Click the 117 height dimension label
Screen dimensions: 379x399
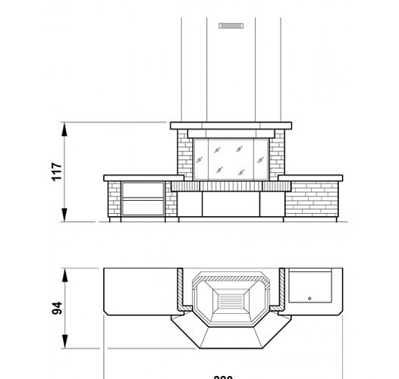coord(55,172)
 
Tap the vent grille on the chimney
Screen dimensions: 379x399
coord(230,26)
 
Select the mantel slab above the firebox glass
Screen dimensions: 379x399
coord(231,126)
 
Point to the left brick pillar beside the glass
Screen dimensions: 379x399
coord(184,155)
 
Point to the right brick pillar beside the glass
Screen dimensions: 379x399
coord(277,155)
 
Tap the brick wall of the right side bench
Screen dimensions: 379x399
coord(313,199)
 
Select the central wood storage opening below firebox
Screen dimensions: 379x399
coord(230,202)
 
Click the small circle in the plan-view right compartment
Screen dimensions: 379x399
coord(309,298)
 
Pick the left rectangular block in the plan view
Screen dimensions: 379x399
coord(140,292)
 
